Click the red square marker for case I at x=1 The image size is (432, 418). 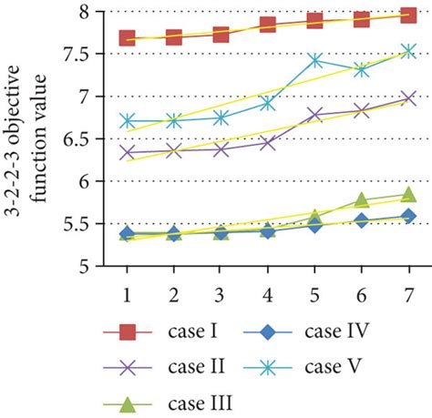pos(128,38)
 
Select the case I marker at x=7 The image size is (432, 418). pos(408,15)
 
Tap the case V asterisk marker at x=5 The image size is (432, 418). pos(315,61)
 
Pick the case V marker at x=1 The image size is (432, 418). pos(128,121)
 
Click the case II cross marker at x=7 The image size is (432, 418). pos(408,98)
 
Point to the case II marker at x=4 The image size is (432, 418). pos(268,143)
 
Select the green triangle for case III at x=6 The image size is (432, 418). pos(362,199)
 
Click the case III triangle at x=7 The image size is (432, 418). pos(408,194)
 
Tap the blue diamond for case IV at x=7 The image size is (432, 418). pos(408,216)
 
